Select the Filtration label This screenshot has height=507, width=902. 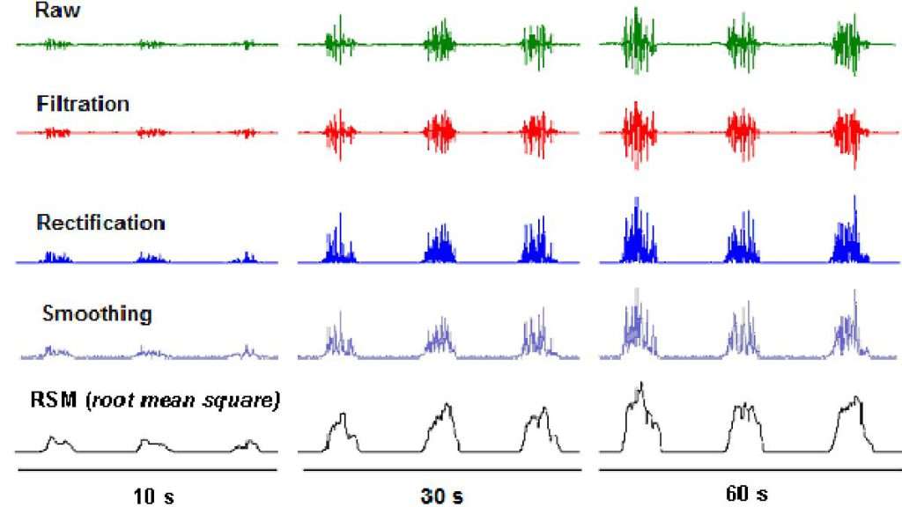click(x=83, y=104)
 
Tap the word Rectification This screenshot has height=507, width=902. click(x=100, y=223)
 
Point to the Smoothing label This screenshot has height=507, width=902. click(x=97, y=313)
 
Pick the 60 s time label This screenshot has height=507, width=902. click(x=747, y=493)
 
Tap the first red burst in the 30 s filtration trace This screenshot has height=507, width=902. click(x=338, y=132)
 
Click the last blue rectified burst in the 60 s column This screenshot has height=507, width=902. click(x=847, y=242)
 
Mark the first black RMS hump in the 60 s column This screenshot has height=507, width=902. click(x=638, y=418)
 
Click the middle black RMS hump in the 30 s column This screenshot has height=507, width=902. click(x=442, y=427)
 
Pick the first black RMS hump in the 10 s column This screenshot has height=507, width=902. click(x=59, y=443)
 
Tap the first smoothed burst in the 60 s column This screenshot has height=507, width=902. click(x=636, y=333)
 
